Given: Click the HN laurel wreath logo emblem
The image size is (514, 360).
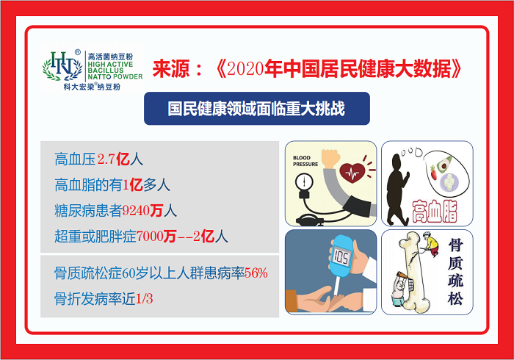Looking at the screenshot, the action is (62, 66).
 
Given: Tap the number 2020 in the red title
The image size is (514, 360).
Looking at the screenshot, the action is (245, 68).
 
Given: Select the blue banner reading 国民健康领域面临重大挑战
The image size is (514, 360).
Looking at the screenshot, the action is (257, 108).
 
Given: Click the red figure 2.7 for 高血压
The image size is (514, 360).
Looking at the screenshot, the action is (106, 159).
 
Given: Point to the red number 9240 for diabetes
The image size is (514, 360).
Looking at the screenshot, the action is (136, 211).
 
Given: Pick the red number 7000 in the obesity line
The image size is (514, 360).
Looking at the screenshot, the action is (150, 236).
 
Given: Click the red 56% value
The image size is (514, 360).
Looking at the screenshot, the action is (256, 273).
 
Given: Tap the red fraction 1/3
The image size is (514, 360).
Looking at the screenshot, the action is (144, 299).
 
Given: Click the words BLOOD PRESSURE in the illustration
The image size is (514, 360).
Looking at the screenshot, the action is (305, 161).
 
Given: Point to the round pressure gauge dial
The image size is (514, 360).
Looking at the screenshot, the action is (304, 181).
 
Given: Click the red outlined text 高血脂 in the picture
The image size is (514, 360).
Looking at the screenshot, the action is (435, 212).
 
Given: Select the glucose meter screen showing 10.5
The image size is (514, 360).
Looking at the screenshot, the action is (341, 256).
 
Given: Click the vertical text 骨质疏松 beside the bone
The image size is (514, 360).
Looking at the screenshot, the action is (456, 273).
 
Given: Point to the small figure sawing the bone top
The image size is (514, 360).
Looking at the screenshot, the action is (429, 244).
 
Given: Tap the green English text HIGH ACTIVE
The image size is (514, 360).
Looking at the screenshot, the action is (110, 64).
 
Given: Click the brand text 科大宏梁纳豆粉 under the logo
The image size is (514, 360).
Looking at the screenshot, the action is (92, 87).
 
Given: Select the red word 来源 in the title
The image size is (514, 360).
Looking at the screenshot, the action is (171, 69).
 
